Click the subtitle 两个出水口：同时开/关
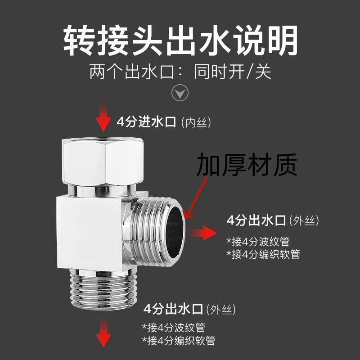[180, 72]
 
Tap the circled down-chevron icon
[180, 93]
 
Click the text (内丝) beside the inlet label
[195, 122]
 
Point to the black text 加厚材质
[247, 165]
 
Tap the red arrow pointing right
[203, 233]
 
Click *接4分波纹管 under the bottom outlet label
[176, 328]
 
